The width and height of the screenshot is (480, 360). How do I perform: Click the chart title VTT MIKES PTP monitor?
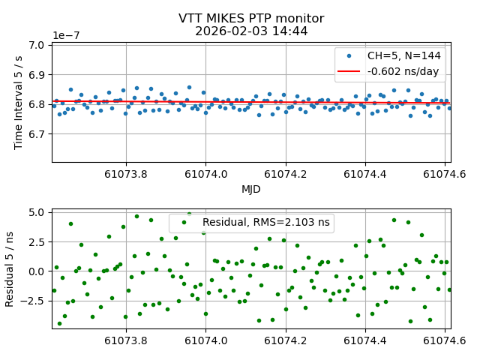[251, 19]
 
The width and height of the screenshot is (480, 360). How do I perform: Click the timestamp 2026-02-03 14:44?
[251, 31]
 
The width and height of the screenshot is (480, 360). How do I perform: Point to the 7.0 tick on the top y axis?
[37, 46]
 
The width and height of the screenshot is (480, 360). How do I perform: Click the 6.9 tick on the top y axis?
[37, 75]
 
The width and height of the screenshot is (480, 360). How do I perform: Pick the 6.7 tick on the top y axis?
[37, 133]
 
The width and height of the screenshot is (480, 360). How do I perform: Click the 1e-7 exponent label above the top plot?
[67, 35]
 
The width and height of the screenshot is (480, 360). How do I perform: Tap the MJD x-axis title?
[251, 190]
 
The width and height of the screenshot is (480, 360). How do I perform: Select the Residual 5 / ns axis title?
[10, 268]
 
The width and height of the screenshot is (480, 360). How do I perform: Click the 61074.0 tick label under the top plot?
[205, 174]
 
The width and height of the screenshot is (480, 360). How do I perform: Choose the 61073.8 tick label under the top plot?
[126, 174]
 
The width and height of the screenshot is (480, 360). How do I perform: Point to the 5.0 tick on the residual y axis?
[37, 213]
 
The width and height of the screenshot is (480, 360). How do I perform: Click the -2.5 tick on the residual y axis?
[33, 301]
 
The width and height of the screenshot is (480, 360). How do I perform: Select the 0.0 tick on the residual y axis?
[37, 271]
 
